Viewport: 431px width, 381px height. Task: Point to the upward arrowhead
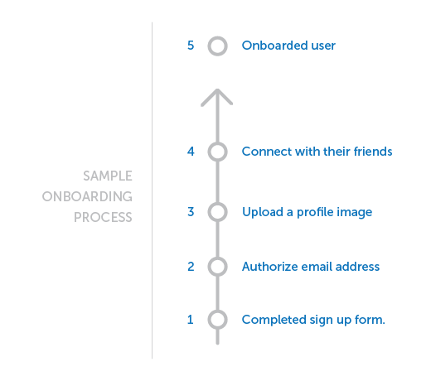pos(217,90)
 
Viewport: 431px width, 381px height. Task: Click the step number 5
pos(191,46)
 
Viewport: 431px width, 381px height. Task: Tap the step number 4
pos(191,152)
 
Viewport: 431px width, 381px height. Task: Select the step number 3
pos(191,212)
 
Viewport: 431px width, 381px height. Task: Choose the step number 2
pos(191,267)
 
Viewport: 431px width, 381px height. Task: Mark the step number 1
pos(191,320)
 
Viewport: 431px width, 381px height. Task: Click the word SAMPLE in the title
pos(108,176)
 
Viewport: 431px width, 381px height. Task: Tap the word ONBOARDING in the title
pos(87,196)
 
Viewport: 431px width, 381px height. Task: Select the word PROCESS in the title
pos(103,217)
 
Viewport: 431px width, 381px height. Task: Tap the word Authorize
pos(269,267)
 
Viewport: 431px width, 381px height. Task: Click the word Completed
pos(274,320)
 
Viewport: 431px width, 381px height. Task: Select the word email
pos(317,267)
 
